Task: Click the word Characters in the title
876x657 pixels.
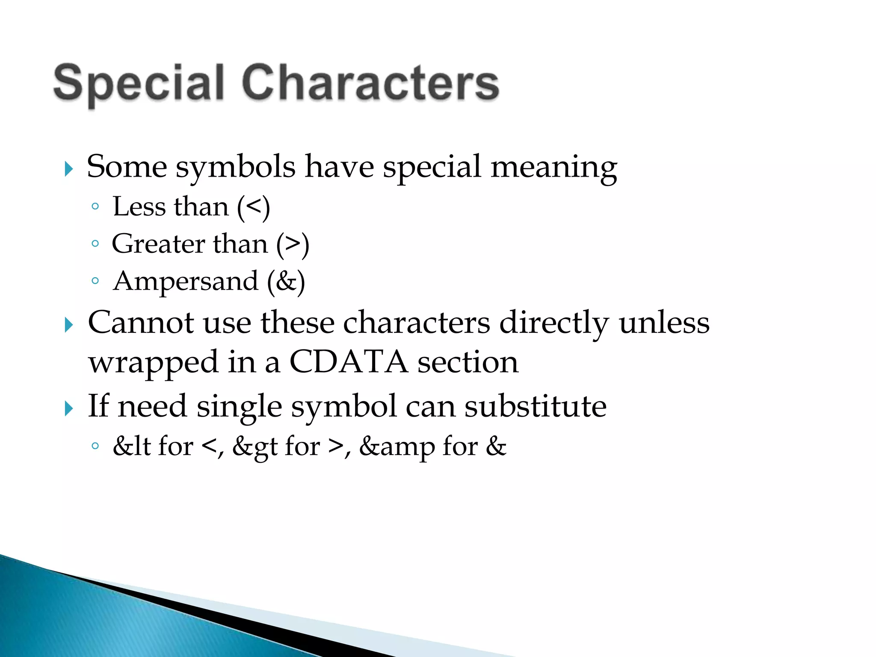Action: [370, 83]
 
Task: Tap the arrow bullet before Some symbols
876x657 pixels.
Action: [68, 169]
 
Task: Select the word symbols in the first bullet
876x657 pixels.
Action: [236, 167]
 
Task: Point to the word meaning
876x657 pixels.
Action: [553, 167]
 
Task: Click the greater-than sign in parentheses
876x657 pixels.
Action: [293, 244]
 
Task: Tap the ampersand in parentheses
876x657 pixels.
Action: [286, 281]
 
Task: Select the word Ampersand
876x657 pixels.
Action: [186, 281]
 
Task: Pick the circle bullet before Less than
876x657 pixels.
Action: [95, 207]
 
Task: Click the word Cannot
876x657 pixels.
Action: [141, 323]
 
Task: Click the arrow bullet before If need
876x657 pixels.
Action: [68, 408]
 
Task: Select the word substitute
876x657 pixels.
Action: [536, 406]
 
